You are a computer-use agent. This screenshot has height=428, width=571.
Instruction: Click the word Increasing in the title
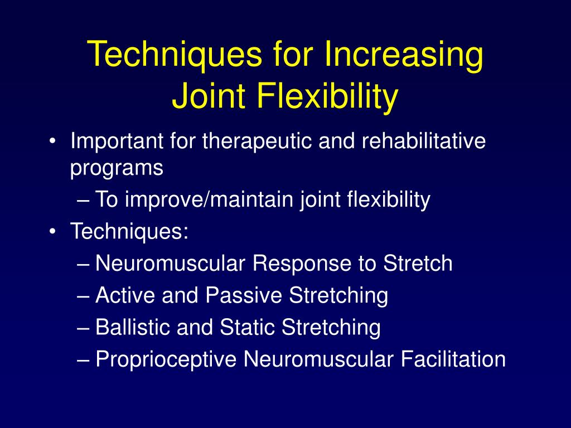404,56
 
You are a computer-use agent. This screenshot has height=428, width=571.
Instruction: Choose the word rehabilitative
424,141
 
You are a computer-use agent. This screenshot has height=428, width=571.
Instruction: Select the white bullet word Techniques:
129,231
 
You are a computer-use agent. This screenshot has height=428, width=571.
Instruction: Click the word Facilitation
453,359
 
